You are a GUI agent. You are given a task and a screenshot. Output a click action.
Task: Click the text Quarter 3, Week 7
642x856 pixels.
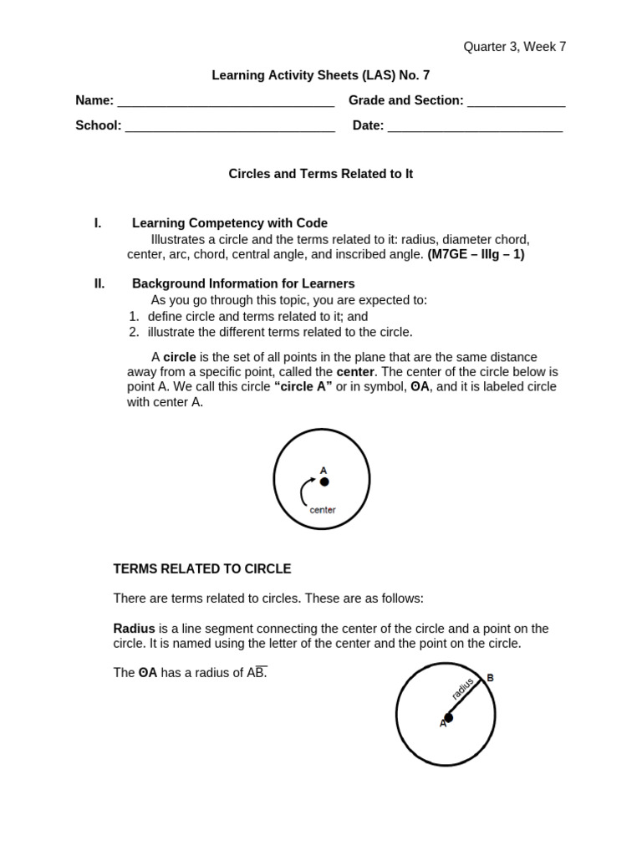[x=514, y=47]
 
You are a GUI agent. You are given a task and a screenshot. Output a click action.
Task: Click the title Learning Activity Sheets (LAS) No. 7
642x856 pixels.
[x=320, y=75]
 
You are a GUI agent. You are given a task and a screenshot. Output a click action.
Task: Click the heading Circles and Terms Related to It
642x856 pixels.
[x=320, y=174]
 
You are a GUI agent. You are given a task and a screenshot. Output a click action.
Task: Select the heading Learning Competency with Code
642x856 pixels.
[x=229, y=223]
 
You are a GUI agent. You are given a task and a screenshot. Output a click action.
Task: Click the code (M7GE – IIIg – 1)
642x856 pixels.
[x=476, y=254]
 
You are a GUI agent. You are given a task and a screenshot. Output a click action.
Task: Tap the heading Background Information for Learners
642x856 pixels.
[x=242, y=283]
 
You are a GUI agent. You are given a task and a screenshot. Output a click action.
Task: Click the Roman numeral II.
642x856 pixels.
[x=99, y=283]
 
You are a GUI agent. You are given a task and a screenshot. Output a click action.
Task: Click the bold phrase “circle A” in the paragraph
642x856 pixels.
[x=303, y=387]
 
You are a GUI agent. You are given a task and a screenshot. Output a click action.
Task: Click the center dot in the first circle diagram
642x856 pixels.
[x=324, y=481]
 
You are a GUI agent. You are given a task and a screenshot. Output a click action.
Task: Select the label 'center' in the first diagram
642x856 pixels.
[x=322, y=510]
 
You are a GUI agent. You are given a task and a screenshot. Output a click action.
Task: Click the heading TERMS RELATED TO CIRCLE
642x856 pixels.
[x=202, y=569]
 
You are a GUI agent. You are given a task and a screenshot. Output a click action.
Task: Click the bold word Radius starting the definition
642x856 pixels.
[x=134, y=629]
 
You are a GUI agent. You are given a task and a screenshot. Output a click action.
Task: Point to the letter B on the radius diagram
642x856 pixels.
[x=490, y=678]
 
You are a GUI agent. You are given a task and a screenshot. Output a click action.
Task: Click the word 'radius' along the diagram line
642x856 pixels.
[x=462, y=689]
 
